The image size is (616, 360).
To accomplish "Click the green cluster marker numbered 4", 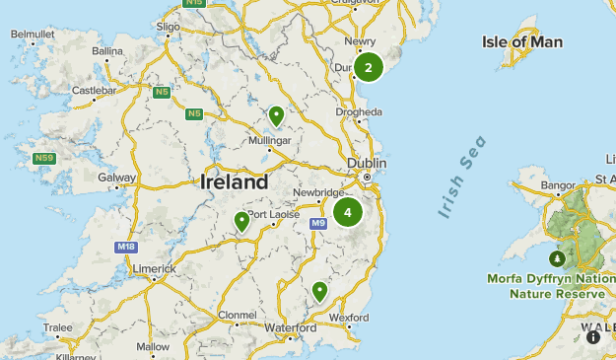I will click(348, 212).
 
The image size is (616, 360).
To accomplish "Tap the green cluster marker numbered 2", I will click(369, 67).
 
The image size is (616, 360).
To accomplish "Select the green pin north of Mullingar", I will click(277, 116).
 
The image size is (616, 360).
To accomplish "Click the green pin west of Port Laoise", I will click(241, 221).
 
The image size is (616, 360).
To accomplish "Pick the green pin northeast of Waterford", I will click(319, 290).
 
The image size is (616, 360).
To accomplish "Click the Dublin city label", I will click(365, 163).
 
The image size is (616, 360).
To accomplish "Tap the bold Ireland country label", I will click(234, 182).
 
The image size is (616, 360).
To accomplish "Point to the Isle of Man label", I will click(522, 41).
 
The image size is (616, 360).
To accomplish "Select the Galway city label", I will click(116, 178).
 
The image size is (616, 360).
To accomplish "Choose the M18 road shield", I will click(124, 247).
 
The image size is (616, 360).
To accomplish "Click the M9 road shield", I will click(317, 224).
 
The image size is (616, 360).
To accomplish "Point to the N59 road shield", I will click(43, 158).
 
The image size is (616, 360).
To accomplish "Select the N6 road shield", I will click(195, 113).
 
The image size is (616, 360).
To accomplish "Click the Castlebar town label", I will click(94, 90).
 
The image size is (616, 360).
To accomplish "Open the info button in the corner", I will click(593, 337).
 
